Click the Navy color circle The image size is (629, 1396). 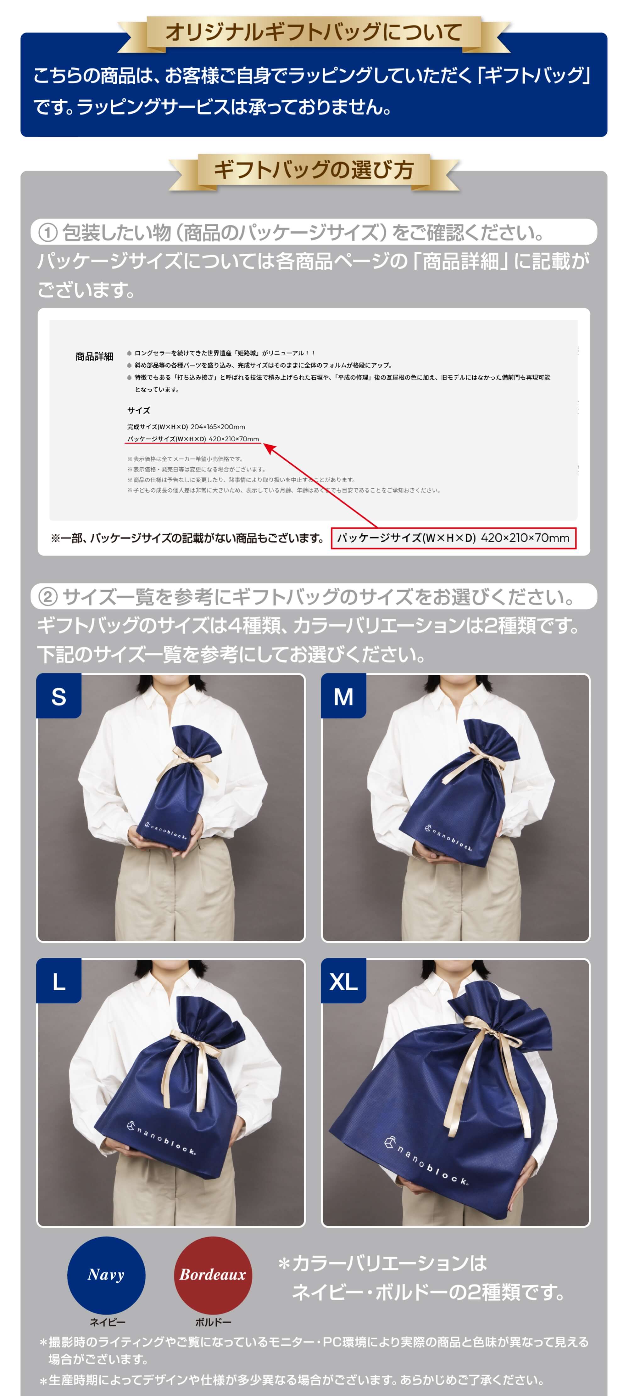coord(106,1275)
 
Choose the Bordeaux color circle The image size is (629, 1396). coord(212,1275)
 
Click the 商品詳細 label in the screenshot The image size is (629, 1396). coord(94,356)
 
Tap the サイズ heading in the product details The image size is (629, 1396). coord(139,410)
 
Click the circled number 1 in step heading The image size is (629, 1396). coord(48,233)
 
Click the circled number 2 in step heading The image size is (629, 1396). coord(48,597)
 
